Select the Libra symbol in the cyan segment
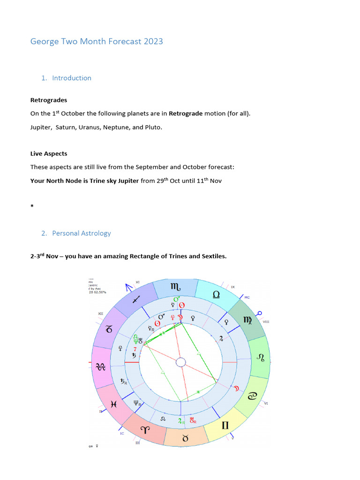[216, 294]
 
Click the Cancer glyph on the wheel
[253, 396]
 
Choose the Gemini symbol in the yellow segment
[225, 426]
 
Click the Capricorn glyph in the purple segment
[109, 330]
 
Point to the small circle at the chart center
[181, 362]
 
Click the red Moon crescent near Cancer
[237, 388]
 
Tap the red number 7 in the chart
[135, 349]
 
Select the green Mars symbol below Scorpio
[176, 299]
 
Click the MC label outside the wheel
[247, 297]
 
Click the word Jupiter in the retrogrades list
[40, 127]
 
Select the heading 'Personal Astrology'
[81, 233]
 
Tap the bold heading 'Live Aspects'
[48, 154]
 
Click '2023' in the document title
[154, 41]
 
